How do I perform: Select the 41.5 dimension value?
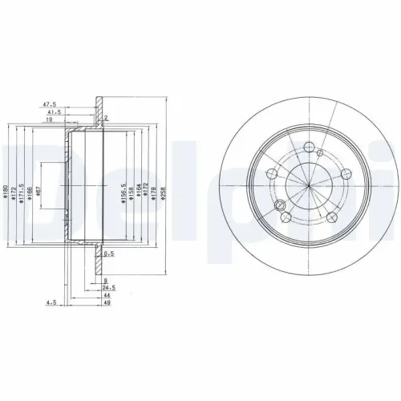[x=55, y=112]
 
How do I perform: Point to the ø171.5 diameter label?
[x=22, y=192]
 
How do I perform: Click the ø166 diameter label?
[x=30, y=192]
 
